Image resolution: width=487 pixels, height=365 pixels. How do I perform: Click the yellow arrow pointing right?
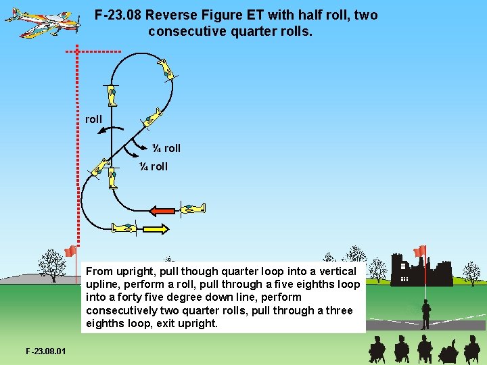pyautogui.click(x=155, y=230)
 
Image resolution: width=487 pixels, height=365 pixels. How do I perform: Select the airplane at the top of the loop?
pyautogui.click(x=166, y=68)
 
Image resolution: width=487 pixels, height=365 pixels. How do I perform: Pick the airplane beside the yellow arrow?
pyautogui.click(x=124, y=228)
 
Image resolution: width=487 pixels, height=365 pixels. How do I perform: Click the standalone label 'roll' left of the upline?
pyautogui.click(x=93, y=119)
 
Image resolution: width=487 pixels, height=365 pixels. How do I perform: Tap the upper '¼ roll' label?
pyautogui.click(x=165, y=148)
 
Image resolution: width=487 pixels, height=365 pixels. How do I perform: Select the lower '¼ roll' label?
pyautogui.click(x=153, y=166)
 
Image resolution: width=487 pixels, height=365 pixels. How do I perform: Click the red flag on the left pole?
pyautogui.click(x=70, y=251)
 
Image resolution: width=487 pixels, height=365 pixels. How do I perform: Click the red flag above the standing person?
pyautogui.click(x=420, y=251)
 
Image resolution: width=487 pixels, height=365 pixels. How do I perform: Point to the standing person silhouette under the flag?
pyautogui.click(x=425, y=314)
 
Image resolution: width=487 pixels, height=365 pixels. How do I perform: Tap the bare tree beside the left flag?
pyautogui.click(x=49, y=265)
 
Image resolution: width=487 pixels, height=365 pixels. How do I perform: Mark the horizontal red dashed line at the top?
pyautogui.click(x=94, y=51)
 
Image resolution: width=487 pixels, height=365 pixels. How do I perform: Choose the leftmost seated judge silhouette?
pyautogui.click(x=377, y=349)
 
